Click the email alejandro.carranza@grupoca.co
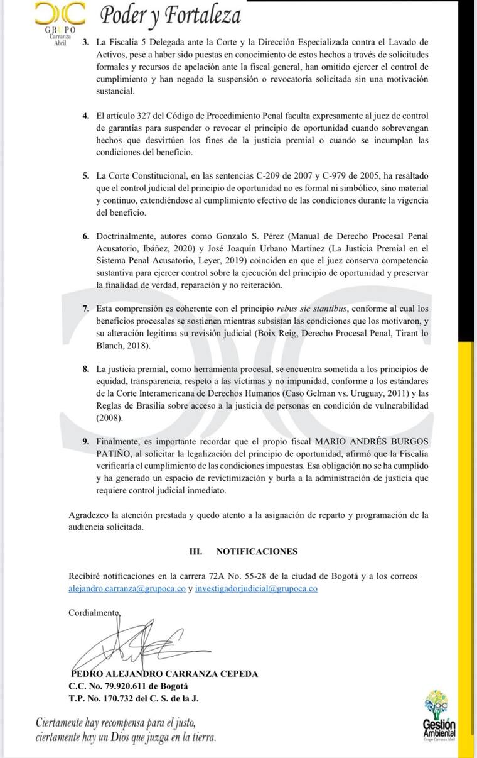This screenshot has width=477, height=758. click(127, 589)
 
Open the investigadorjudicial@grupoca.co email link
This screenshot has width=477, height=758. click(256, 589)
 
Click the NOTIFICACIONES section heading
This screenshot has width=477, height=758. click(257, 551)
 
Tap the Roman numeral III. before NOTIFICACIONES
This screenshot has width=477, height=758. click(196, 551)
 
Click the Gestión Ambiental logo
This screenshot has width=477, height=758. click(439, 716)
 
